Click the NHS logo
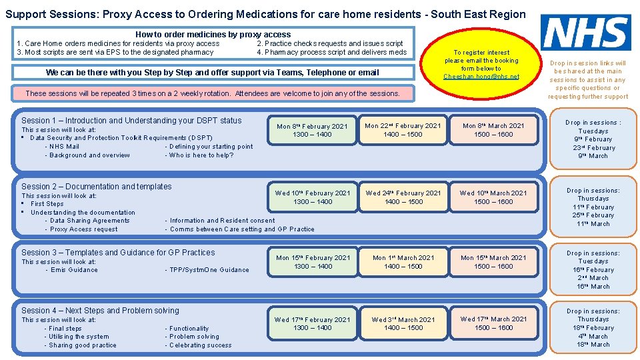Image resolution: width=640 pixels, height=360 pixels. click(x=586, y=33)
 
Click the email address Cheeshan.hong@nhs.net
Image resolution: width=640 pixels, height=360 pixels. click(x=481, y=77)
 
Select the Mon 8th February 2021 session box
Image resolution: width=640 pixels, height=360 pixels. click(x=312, y=130)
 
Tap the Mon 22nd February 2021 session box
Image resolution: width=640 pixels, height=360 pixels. click(x=403, y=130)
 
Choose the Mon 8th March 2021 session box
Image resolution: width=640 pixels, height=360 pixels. click(x=493, y=130)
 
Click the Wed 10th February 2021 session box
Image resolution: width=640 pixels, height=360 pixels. click(x=312, y=197)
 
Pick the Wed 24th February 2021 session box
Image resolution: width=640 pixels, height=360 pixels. click(x=403, y=197)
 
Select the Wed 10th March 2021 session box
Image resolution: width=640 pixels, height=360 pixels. click(x=493, y=197)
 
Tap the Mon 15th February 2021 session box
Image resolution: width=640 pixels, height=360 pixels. click(x=312, y=262)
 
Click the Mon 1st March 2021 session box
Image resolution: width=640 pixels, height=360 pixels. click(x=403, y=262)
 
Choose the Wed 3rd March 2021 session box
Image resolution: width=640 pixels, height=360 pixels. click(x=403, y=323)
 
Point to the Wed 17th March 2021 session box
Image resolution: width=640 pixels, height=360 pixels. click(x=493, y=323)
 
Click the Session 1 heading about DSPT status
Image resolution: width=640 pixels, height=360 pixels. click(x=131, y=121)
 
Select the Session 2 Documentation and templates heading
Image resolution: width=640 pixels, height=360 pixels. click(x=96, y=187)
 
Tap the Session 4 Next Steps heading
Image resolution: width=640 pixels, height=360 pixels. click(x=100, y=311)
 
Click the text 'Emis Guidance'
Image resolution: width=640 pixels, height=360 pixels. click(x=71, y=270)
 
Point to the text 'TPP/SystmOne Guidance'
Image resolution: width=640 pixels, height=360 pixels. click(x=207, y=270)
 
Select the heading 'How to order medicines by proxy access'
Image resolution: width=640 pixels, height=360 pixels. click(x=213, y=34)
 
